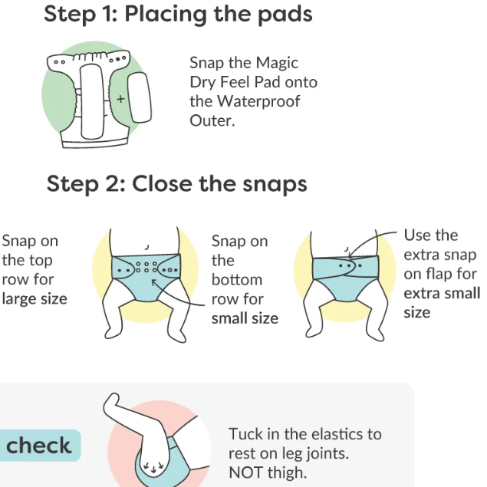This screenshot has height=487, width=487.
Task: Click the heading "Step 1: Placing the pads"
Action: (x=177, y=15)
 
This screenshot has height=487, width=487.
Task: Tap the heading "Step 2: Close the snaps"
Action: (x=176, y=184)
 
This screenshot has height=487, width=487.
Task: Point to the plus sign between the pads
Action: (x=120, y=99)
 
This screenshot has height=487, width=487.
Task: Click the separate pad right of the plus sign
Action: (x=139, y=97)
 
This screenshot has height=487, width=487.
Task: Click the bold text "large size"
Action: (x=35, y=298)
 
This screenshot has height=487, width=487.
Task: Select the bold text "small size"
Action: (x=245, y=318)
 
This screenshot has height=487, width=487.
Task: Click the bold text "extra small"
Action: (x=442, y=293)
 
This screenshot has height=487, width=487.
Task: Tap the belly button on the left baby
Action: (x=146, y=247)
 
